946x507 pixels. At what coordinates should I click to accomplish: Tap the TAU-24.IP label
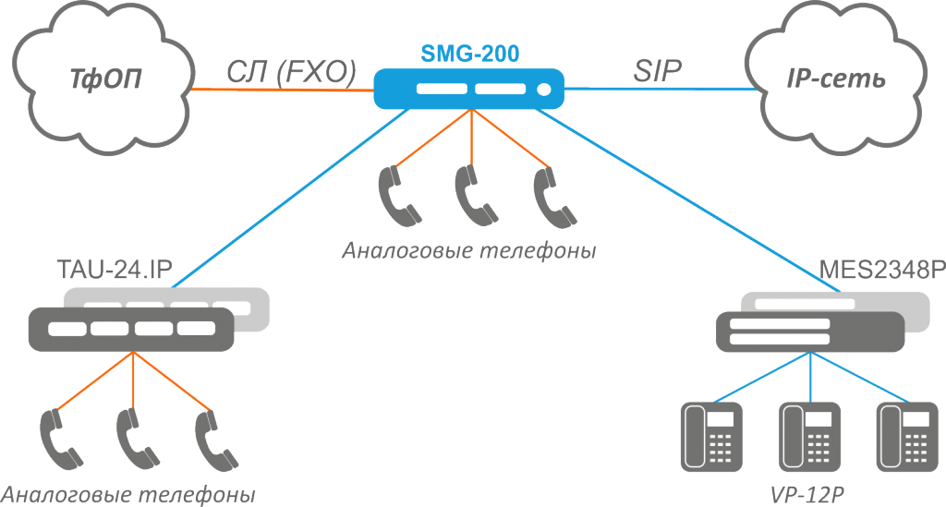pos(115,272)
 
